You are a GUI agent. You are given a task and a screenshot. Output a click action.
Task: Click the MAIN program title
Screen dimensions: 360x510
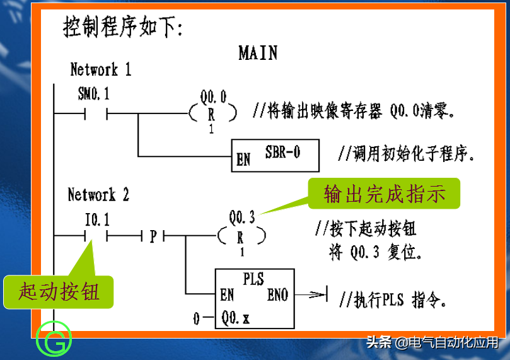click(258, 52)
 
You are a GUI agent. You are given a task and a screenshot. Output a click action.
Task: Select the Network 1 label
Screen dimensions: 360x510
click(100, 69)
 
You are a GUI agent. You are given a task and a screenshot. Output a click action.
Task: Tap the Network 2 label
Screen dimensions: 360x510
click(98, 195)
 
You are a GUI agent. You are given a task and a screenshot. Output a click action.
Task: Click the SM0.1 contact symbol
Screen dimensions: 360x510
click(96, 114)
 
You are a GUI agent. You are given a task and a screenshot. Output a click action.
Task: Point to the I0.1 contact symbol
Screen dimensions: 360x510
click(96, 236)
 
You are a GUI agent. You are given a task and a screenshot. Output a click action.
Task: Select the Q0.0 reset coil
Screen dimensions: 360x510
click(212, 113)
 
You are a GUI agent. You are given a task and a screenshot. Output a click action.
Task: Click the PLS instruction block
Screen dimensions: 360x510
click(253, 298)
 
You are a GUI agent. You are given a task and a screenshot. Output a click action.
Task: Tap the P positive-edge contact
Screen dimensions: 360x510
click(153, 236)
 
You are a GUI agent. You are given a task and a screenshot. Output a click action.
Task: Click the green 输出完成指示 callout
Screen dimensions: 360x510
click(384, 194)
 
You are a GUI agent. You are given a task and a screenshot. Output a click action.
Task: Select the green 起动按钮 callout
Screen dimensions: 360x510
click(59, 292)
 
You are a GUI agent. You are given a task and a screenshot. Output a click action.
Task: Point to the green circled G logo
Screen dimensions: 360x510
click(54, 339)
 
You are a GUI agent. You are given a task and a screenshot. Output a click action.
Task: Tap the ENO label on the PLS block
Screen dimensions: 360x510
click(277, 294)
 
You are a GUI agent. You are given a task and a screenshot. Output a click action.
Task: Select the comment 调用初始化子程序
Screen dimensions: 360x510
click(406, 154)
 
